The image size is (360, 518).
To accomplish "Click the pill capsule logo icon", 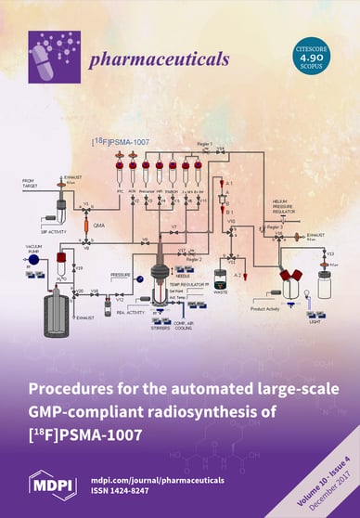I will [50, 56].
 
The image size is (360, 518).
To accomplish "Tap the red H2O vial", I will [64, 260].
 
